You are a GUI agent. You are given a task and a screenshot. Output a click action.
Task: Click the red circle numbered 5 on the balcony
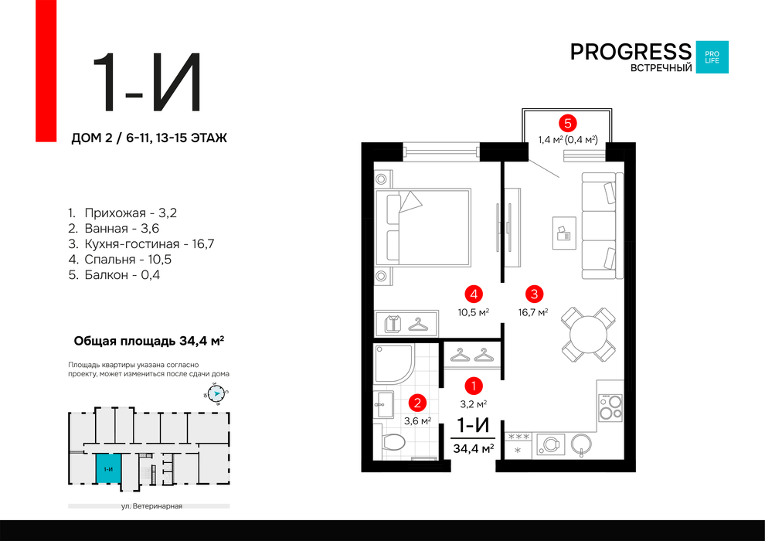tap(568, 124)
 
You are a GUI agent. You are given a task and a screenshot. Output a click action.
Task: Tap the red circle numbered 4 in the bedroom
tap(474, 294)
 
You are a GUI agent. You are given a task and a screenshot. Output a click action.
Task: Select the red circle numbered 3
tap(535, 294)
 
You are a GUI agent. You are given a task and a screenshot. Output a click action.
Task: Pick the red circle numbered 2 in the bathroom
tap(417, 403)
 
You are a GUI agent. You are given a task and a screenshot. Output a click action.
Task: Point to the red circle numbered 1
tap(473, 386)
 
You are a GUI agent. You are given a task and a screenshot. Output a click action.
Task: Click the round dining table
tap(588, 334)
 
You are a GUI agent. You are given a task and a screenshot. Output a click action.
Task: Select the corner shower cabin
tap(394, 363)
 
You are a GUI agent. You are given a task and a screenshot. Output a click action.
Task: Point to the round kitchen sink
tap(582, 444)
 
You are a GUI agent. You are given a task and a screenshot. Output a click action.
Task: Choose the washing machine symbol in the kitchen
tap(551, 444)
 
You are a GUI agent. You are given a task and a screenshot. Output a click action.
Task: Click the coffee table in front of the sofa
tap(564, 233)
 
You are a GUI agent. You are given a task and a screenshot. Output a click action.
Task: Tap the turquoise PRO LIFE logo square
tap(712, 57)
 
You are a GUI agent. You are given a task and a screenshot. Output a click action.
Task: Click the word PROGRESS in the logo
tap(631, 52)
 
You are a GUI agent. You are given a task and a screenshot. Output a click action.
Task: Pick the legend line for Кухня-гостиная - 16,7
tap(141, 244)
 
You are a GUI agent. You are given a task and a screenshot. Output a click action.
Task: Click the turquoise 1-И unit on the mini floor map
tap(108, 468)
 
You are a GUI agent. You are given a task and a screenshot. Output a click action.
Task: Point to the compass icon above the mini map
tap(216, 393)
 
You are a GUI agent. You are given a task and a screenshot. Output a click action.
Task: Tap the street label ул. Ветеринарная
tap(151, 506)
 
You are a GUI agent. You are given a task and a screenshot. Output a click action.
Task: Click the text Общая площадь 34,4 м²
tap(149, 341)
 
